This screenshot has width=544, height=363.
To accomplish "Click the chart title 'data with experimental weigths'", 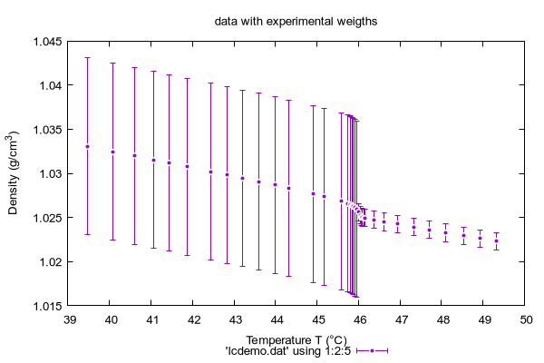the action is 296,22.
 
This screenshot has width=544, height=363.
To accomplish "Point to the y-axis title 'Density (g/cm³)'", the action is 13,172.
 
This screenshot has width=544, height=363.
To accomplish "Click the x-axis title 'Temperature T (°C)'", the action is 296,340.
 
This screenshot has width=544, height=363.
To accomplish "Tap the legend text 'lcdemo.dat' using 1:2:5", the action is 288,351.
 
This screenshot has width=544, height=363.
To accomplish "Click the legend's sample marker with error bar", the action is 372,351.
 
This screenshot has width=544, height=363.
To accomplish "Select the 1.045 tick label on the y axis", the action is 47,42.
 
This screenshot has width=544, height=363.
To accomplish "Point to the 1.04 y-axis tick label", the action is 51,85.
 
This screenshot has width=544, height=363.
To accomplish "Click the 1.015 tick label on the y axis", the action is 47,306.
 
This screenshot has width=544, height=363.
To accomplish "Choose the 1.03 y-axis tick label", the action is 51,173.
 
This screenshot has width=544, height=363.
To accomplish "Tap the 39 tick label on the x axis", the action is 70,319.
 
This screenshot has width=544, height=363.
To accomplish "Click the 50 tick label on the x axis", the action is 526,319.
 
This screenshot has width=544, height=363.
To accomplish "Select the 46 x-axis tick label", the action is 360,319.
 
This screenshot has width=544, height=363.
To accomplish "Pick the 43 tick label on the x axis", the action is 236,319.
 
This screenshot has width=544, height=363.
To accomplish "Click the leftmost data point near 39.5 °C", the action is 87,147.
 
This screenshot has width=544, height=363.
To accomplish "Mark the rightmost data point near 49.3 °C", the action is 497,241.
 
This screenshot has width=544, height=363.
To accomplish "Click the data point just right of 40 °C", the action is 112,152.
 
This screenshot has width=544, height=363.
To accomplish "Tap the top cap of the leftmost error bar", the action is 87,58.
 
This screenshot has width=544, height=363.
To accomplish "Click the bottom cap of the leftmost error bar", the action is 87,234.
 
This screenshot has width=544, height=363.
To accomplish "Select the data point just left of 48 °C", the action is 429,230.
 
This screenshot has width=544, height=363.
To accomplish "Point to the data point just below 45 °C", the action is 314,194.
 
